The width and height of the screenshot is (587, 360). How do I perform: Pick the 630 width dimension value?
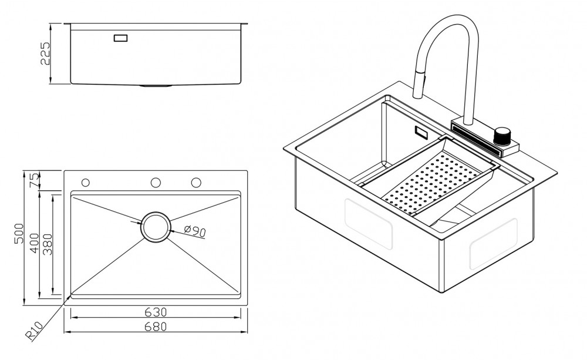[156, 312]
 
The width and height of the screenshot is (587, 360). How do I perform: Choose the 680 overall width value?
[156, 327]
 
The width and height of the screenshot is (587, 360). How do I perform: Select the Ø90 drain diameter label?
[194, 231]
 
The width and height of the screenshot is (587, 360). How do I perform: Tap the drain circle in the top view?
[156, 226]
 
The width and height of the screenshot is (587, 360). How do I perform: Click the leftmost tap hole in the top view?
[86, 183]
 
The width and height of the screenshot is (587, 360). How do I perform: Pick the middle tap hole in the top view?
[156, 183]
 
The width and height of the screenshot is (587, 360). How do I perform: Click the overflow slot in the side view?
[121, 38]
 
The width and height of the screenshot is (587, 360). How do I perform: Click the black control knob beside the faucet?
[503, 135]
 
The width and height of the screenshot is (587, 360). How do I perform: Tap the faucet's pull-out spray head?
[419, 83]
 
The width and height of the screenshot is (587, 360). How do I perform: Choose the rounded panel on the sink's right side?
[492, 243]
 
